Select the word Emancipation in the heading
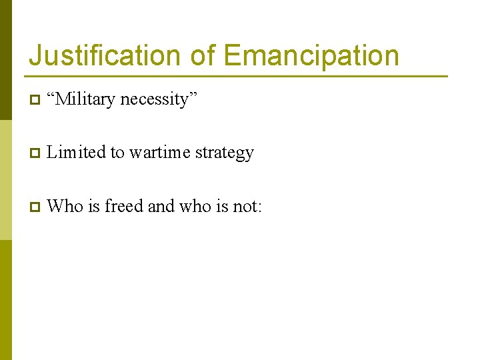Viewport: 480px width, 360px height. (x=311, y=56)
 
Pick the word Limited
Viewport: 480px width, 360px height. (x=77, y=153)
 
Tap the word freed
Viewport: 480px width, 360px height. (x=123, y=207)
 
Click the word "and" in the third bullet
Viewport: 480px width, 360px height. (x=161, y=207)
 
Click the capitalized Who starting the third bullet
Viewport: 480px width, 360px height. (x=65, y=207)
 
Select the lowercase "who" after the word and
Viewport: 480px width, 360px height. (x=194, y=207)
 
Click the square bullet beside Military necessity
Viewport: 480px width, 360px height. (x=34, y=100)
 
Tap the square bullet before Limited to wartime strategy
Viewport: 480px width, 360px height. (x=34, y=153)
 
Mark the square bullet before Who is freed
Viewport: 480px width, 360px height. (x=34, y=207)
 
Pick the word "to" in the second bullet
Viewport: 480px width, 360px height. (x=117, y=153)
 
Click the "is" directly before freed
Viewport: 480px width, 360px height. (x=93, y=207)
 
